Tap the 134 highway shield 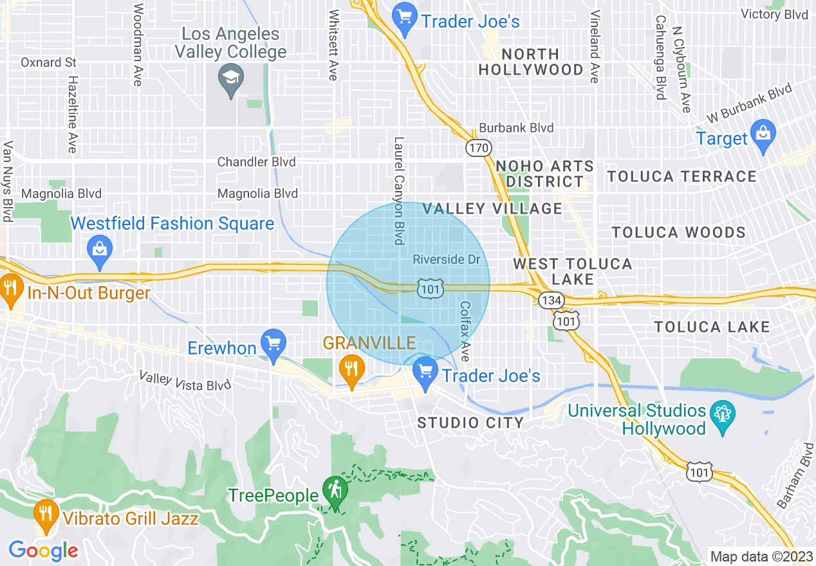pyautogui.click(x=552, y=300)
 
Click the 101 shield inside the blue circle pyautogui.click(x=429, y=289)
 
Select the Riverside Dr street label pyautogui.click(x=447, y=259)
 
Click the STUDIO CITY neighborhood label pyautogui.click(x=470, y=423)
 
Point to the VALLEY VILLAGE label pyautogui.click(x=492, y=208)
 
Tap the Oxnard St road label pyautogui.click(x=48, y=62)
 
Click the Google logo pyautogui.click(x=43, y=551)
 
